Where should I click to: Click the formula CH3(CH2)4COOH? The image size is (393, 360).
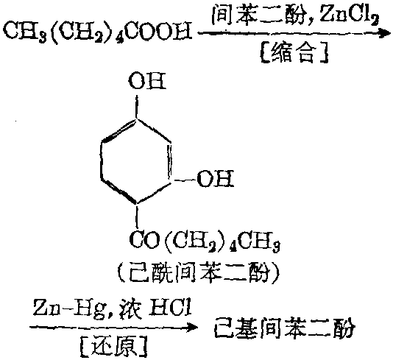[97, 32]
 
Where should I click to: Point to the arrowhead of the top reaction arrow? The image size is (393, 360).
[384, 33]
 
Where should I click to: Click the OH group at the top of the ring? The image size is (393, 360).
[147, 81]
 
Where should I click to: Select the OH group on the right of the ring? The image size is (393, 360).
[216, 178]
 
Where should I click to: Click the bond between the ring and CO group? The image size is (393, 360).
[137, 216]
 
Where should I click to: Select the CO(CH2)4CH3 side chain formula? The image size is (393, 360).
[205, 241]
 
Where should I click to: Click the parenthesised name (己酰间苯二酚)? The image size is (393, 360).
[199, 272]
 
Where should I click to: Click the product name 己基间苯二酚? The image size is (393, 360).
[285, 328]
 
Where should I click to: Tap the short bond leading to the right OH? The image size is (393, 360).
[185, 180]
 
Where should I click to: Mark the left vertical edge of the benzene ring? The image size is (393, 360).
[101, 161]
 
